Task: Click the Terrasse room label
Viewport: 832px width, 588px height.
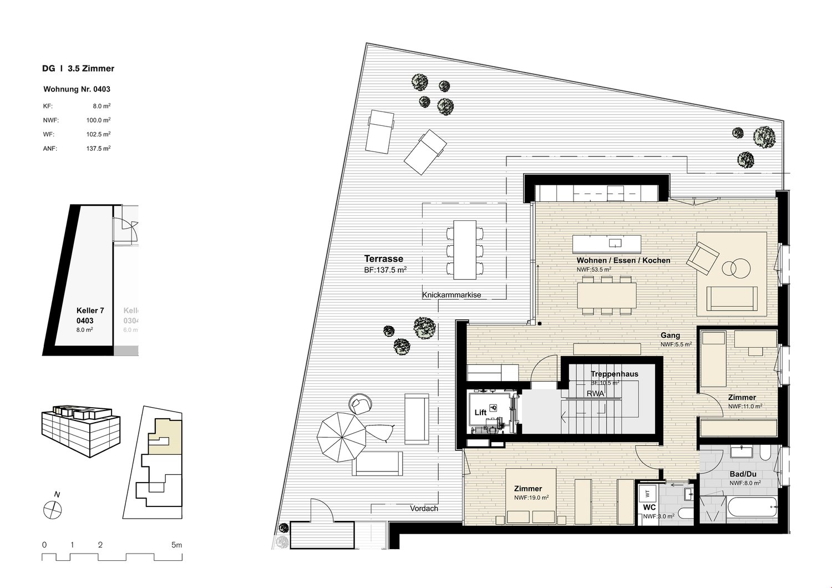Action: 383,258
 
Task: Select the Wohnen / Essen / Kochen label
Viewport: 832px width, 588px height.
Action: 623,260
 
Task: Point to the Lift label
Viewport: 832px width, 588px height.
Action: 480,413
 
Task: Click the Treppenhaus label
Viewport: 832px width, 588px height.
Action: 614,374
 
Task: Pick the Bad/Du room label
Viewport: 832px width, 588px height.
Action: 743,474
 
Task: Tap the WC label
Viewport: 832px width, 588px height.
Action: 650,507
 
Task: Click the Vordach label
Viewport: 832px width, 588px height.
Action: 424,509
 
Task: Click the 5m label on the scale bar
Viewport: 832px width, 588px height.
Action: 176,545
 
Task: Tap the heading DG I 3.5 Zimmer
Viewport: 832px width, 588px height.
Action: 78,69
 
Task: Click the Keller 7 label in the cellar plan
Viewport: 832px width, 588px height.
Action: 89,311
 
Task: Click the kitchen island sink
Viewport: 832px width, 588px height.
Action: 615,243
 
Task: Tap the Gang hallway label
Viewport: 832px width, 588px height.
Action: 670,336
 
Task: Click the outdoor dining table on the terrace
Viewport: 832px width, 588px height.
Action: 464,250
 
